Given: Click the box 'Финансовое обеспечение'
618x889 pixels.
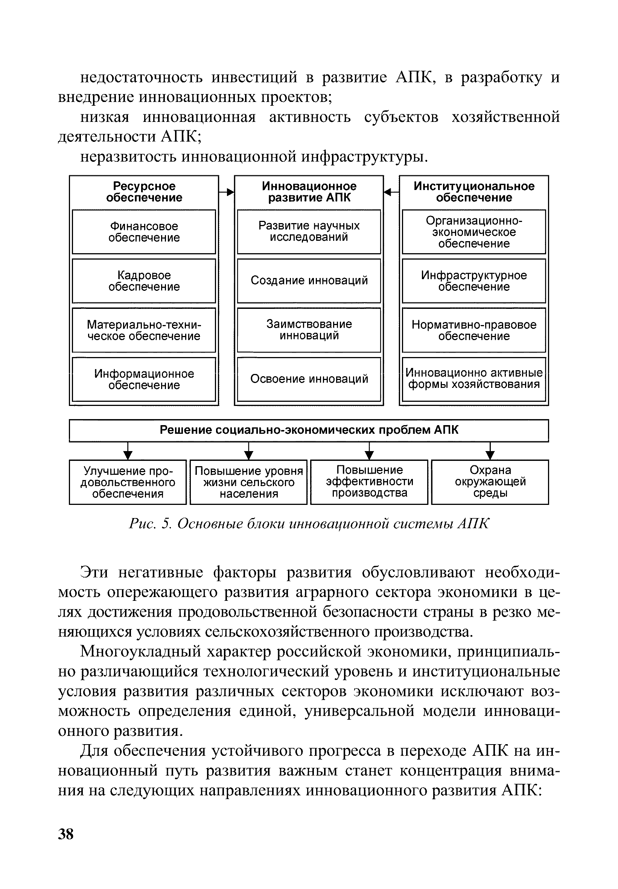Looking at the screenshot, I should (144, 232).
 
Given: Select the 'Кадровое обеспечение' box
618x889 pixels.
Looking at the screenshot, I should (144, 281).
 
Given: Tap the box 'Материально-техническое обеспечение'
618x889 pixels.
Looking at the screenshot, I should (144, 330).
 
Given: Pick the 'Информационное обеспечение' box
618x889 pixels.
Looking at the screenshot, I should (144, 379).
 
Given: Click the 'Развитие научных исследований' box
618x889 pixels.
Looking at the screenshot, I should (309, 231).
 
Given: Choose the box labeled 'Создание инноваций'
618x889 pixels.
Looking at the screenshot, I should (309, 281).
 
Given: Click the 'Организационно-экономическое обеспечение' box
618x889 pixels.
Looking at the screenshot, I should (473, 232).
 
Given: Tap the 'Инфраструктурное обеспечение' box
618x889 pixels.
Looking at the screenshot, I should (473, 281).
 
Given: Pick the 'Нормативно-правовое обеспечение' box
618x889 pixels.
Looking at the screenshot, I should (473, 330).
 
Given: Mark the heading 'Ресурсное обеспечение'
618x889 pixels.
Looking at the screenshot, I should (144, 192).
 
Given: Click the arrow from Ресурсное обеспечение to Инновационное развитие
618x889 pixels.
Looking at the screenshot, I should (227, 191).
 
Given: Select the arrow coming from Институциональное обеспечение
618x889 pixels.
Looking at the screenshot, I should (391, 191).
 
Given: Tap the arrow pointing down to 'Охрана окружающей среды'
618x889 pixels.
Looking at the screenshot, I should (490, 451).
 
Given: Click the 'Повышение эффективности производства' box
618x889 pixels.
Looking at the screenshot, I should (369, 482).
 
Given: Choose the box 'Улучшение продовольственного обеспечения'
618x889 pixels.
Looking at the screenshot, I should (128, 482).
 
